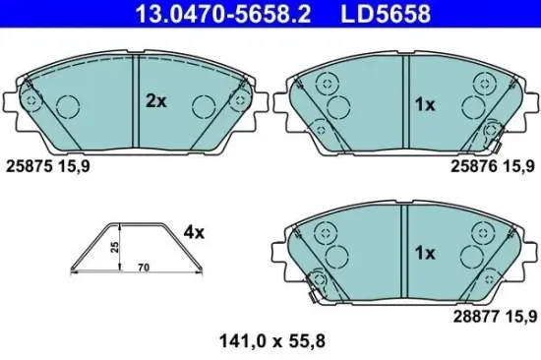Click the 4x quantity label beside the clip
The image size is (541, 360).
(194, 233)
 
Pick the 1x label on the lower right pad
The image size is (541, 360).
(424, 253)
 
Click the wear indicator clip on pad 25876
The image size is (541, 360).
(494, 129)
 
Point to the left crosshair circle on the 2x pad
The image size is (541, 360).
(32, 99)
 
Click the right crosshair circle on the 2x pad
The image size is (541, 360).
(237, 99)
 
